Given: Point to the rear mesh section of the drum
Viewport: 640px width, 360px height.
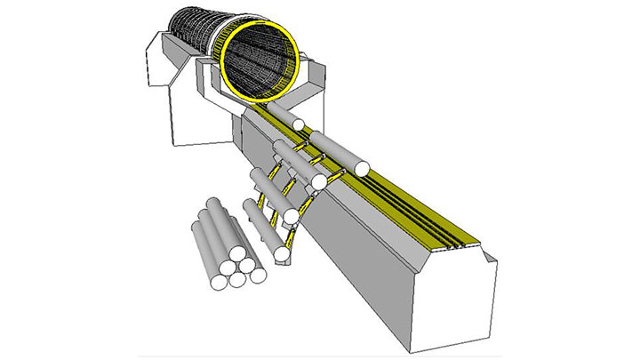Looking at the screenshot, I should pyautogui.click(x=191, y=36).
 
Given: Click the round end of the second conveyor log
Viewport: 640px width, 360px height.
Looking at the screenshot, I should pyautogui.click(x=362, y=167).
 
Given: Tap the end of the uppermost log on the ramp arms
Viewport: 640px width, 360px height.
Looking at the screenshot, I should pyautogui.click(x=317, y=182).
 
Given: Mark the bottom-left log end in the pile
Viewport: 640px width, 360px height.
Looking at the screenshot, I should pyautogui.click(x=217, y=284).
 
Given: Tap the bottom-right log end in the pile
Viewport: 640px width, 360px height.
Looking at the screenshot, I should pyautogui.click(x=258, y=275).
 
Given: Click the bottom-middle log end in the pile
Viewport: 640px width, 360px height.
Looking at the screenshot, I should pyautogui.click(x=238, y=280).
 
